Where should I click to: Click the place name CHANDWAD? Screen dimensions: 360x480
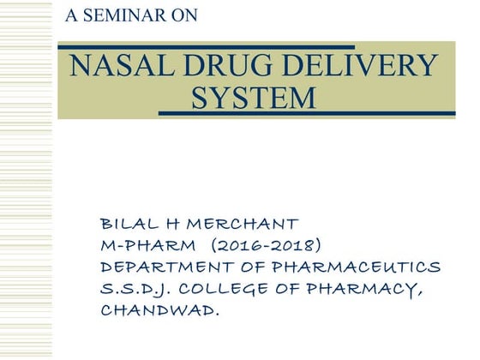tap(159, 309)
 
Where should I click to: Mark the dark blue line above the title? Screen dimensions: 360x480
tap(206, 46)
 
